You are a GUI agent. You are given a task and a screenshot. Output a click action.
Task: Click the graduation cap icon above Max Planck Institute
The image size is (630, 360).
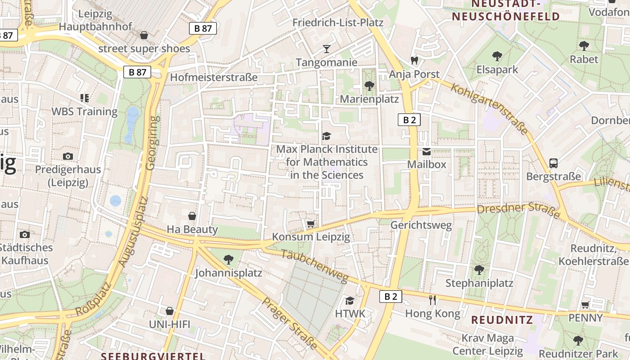click(326, 136)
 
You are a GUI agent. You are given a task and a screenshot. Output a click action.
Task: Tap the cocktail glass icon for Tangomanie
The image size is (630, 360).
click(327, 49)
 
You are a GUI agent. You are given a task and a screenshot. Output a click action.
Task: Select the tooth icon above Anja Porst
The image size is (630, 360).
click(414, 60)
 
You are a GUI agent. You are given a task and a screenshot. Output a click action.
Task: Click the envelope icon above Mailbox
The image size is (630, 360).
click(426, 152)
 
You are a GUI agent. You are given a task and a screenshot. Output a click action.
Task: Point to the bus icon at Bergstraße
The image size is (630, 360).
click(553, 163)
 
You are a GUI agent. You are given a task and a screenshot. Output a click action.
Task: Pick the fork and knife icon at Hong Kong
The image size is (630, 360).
click(432, 300)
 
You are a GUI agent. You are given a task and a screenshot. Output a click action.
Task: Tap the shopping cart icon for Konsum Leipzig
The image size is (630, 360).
click(310, 224)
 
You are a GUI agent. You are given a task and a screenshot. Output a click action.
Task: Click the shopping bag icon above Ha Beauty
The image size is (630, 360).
click(192, 216)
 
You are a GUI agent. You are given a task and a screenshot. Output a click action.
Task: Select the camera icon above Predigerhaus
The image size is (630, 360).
click(68, 156)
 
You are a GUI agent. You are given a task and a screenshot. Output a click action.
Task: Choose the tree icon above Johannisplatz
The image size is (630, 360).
click(229, 259)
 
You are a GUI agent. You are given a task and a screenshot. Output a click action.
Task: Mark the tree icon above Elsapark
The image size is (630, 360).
click(497, 56)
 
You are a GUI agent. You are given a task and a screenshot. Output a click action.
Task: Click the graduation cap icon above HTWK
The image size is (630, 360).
click(350, 300)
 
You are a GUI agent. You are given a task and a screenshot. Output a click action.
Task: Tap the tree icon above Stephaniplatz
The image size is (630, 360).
click(479, 270)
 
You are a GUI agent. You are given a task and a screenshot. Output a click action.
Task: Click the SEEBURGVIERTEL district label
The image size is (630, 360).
click(153, 356)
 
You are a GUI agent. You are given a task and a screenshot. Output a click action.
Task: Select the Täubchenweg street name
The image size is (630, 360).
click(315, 266)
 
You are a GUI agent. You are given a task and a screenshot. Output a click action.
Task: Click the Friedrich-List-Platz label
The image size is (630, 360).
click(337, 22)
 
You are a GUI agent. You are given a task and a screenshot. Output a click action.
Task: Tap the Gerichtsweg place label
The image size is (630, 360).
click(421, 225)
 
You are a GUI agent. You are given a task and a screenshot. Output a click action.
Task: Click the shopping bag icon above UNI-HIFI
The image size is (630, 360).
click(170, 311)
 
